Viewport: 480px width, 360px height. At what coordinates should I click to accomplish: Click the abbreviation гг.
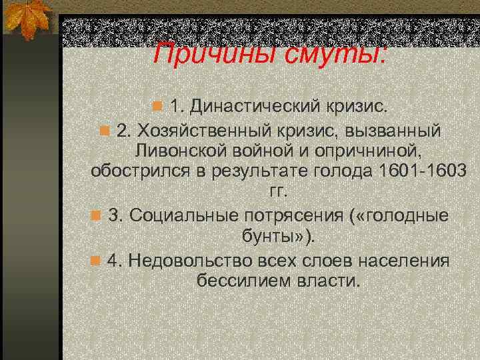tap(277, 193)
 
